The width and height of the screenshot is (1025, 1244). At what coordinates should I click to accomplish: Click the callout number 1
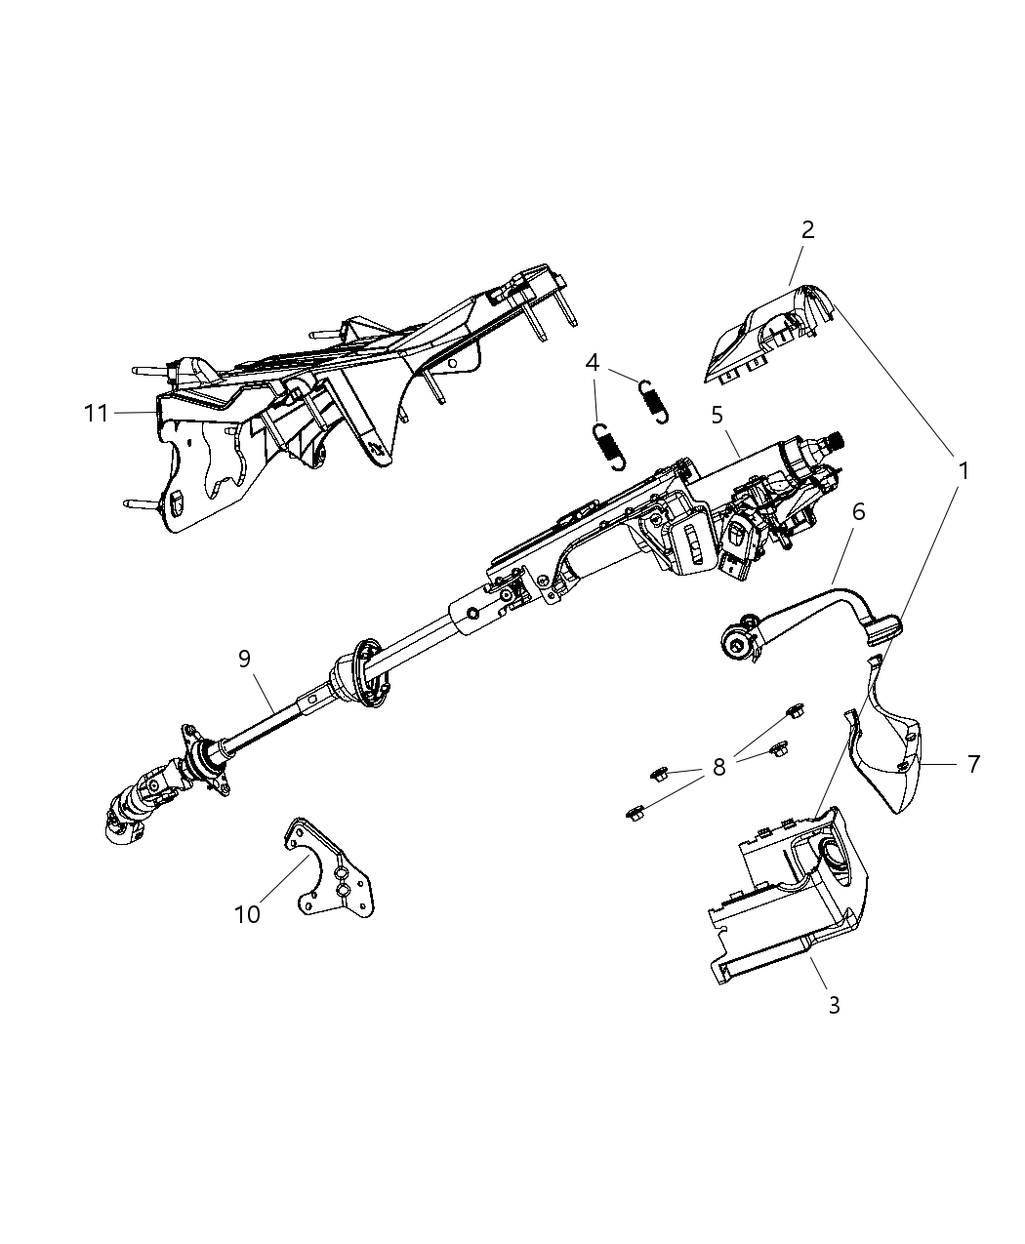point(963,471)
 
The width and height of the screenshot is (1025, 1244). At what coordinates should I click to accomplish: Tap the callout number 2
point(807,230)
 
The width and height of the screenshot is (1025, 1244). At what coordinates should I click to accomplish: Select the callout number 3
point(834,1005)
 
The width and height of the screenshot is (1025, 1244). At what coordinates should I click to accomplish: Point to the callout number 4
point(593,363)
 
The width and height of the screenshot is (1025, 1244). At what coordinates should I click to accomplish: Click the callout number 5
point(717,415)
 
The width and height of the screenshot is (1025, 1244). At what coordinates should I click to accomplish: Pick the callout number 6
point(859,511)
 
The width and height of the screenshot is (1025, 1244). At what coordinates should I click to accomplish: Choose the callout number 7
point(973,764)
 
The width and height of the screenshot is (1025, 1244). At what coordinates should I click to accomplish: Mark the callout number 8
point(719,768)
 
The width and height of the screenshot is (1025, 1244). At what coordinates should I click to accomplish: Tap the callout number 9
point(245,659)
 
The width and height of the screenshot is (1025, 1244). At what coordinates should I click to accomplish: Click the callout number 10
point(248,914)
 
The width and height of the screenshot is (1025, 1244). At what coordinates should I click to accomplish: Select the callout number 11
point(96,414)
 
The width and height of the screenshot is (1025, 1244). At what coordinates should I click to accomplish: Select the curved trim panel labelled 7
point(893,746)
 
